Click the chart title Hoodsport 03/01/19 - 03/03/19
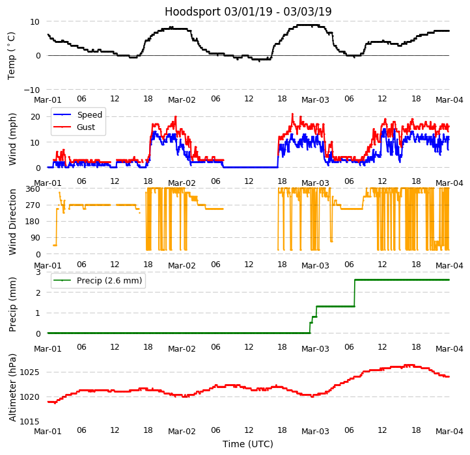[248, 12]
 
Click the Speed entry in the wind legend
[89, 115]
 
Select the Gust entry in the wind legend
[86, 127]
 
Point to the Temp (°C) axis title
[12, 55]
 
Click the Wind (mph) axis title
[12, 138]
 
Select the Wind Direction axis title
[12, 222]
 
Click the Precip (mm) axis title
[12, 304]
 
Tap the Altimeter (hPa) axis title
[12, 387]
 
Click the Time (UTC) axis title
[248, 444]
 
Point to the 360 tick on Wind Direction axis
[33, 189]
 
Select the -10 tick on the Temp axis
[32, 90]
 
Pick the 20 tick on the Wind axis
[36, 116]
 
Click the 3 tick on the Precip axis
[38, 272]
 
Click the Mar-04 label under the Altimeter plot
[449, 431]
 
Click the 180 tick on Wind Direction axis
[33, 222]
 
